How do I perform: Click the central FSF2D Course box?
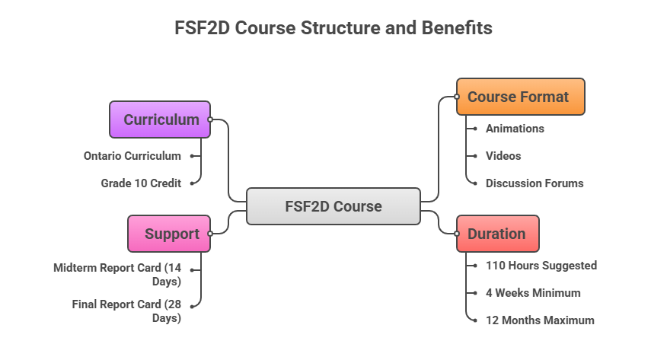(x=333, y=206)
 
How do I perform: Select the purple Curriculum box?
(x=160, y=119)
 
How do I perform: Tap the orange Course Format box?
(x=520, y=97)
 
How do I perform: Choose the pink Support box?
(x=169, y=234)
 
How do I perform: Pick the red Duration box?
(x=497, y=234)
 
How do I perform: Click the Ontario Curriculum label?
(x=132, y=156)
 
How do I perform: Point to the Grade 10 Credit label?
(x=141, y=183)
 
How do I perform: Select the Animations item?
(x=515, y=129)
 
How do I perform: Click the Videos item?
(x=503, y=155)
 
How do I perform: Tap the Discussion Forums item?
(x=535, y=183)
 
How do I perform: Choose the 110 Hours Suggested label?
(x=541, y=266)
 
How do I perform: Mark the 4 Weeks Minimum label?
(x=533, y=293)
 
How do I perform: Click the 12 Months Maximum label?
(x=540, y=320)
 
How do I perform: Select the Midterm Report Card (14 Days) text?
(x=117, y=275)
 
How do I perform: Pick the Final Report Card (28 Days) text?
(x=126, y=311)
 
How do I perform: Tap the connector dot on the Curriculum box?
(x=211, y=119)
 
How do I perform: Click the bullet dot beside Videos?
(x=474, y=156)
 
